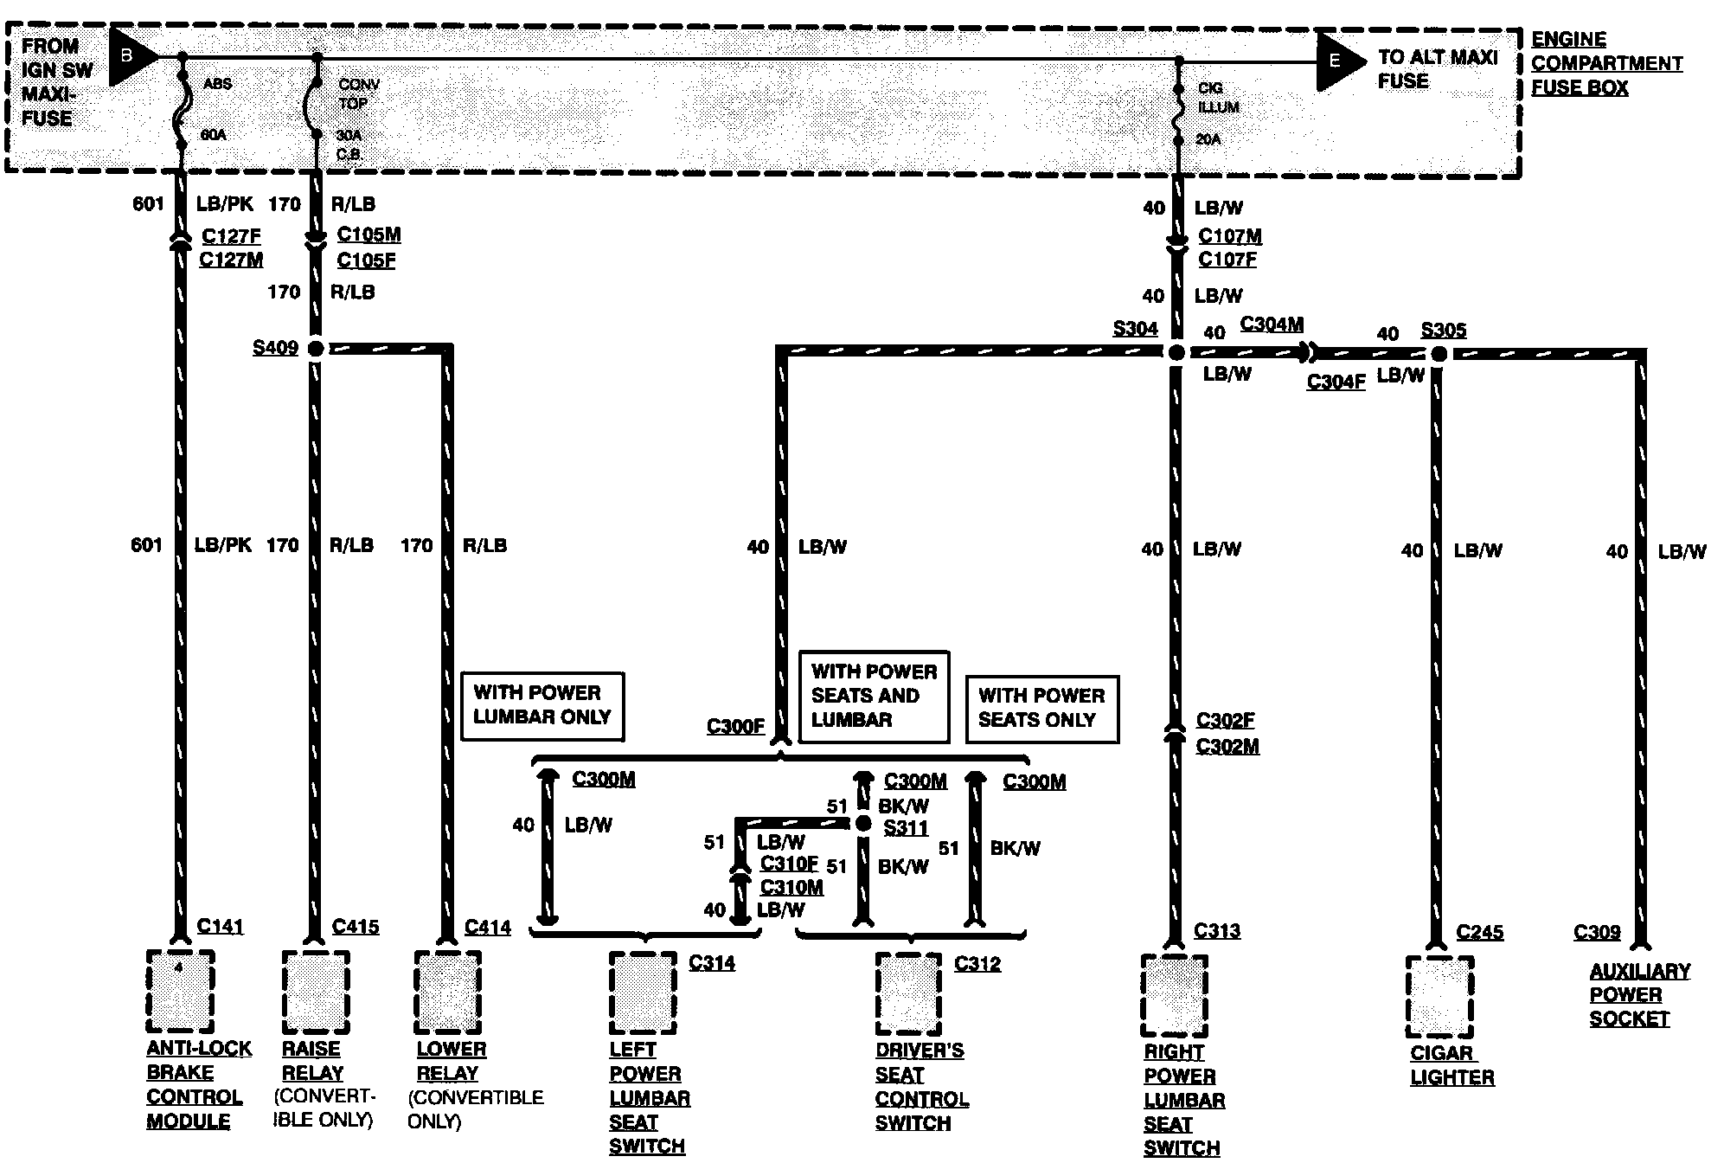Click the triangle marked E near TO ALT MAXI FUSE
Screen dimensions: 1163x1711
[1338, 61]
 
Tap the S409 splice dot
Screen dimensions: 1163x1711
[316, 349]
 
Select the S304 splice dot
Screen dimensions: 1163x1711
[1176, 353]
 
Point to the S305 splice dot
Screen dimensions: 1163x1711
[1438, 354]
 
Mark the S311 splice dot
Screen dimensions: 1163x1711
[862, 824]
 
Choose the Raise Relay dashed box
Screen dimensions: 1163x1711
[316, 992]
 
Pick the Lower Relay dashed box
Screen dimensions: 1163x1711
[447, 992]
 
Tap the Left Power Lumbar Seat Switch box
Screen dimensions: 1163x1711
[643, 993]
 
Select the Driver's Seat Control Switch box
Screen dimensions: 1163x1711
[908, 993]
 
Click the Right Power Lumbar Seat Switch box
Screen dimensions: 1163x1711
[1174, 995]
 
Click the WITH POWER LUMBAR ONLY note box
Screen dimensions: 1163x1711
[542, 706]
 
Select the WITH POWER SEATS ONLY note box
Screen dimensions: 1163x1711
[1041, 709]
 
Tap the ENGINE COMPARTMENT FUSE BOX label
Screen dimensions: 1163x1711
[1606, 64]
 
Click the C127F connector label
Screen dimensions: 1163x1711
[231, 236]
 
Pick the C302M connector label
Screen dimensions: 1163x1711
[1227, 746]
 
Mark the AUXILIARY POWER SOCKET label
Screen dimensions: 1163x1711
[1638, 995]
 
